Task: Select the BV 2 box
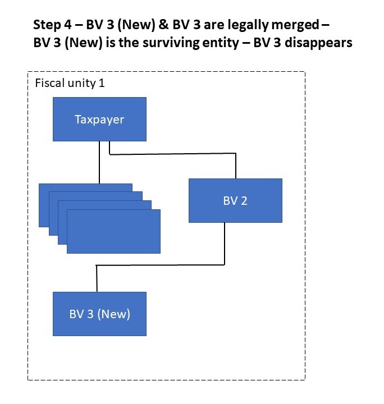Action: (235, 200)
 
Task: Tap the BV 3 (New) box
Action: (99, 314)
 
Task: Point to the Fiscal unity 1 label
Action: (70, 84)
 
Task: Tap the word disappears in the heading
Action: (322, 43)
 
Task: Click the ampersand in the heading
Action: (142, 25)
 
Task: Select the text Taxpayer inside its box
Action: (99, 120)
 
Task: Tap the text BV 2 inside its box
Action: (235, 200)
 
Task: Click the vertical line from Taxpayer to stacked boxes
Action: (99, 163)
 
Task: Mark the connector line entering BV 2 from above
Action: (236, 166)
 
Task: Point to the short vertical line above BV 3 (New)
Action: (97, 279)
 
